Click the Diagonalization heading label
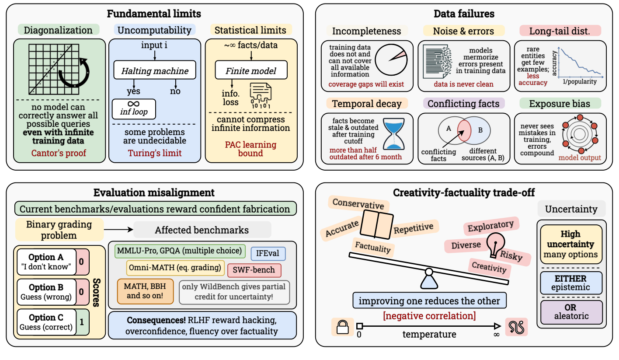(59, 30)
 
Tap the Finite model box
(251, 70)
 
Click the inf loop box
(134, 109)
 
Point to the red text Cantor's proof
(59, 153)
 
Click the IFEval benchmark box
(268, 254)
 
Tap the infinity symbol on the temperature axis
(496, 335)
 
